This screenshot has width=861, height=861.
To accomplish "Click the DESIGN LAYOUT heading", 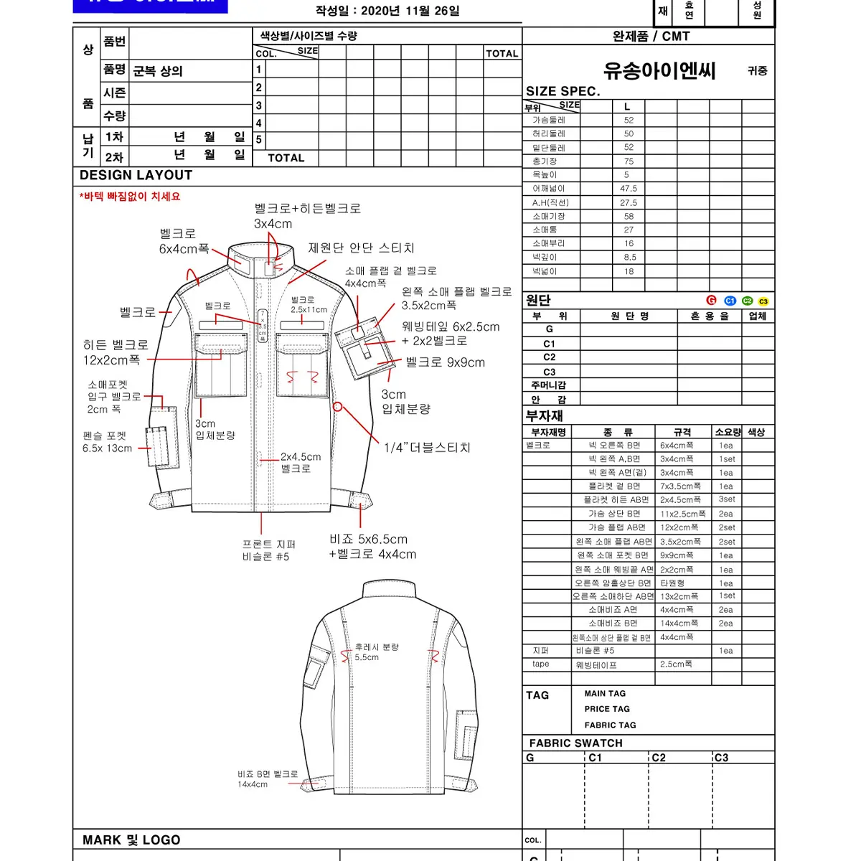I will pyautogui.click(x=136, y=175).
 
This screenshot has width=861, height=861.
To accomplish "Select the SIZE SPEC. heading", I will pyautogui.click(x=563, y=91).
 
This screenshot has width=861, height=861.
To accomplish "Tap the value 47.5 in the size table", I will pyautogui.click(x=629, y=189).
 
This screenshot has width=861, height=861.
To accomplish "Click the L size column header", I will pyautogui.click(x=627, y=106).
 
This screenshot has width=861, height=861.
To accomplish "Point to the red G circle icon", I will pyautogui.click(x=711, y=301).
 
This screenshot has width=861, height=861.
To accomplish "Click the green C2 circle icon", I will pyautogui.click(x=748, y=301).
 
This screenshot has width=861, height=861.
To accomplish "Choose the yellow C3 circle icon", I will pyautogui.click(x=763, y=301).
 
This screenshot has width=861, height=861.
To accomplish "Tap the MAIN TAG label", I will pyautogui.click(x=605, y=694).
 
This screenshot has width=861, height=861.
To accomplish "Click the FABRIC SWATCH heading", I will pyautogui.click(x=575, y=743).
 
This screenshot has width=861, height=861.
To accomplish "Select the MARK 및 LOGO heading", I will pyautogui.click(x=131, y=840).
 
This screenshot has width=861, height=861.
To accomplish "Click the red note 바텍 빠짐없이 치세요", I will pyautogui.click(x=130, y=197).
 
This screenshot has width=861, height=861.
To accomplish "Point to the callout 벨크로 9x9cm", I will pyautogui.click(x=445, y=362).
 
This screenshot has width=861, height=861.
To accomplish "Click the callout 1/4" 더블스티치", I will pyautogui.click(x=427, y=448).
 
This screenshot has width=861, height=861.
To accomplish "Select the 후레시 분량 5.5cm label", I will pyautogui.click(x=376, y=651).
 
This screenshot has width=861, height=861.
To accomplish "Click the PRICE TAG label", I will pyautogui.click(x=607, y=709).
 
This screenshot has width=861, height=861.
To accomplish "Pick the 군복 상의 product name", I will pyautogui.click(x=158, y=71).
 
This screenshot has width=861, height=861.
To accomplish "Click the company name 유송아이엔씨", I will pyautogui.click(x=659, y=70).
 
